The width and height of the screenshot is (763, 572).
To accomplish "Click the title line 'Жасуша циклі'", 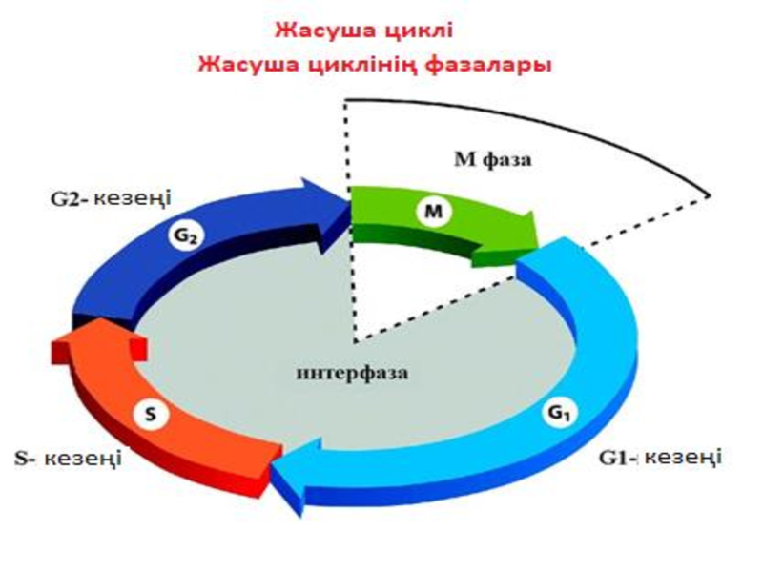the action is coord(364,31).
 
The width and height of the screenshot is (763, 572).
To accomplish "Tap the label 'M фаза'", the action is coord(492,159).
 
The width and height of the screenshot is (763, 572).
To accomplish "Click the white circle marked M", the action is coord(434,211).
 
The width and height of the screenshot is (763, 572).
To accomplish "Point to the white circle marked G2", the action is coord(186,235).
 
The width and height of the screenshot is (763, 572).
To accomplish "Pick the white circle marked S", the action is coord(152,415).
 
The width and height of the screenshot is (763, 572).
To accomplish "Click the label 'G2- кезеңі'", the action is coord(111,198).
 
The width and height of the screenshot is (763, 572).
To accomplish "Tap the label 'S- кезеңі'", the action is coord(68,458).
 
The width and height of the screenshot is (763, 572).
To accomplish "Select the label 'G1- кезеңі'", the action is coord(660,458).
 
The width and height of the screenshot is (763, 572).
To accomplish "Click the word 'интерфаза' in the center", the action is coord(352,373).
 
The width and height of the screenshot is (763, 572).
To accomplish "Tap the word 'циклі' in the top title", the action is coord(420,31).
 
